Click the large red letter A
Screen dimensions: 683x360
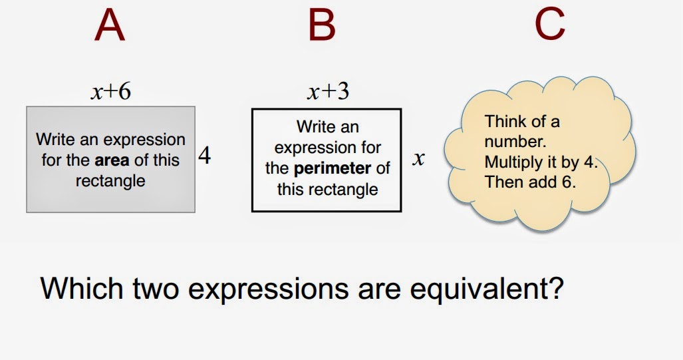pyautogui.click(x=110, y=25)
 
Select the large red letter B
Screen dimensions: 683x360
pyautogui.click(x=322, y=25)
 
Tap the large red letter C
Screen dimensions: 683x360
pyautogui.click(x=550, y=25)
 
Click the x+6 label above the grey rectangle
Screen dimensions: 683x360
pyautogui.click(x=110, y=92)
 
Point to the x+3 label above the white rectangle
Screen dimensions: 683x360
pyautogui.click(x=328, y=92)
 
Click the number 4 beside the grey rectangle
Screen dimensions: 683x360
pyautogui.click(x=205, y=155)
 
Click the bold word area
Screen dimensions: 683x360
pyautogui.click(x=112, y=160)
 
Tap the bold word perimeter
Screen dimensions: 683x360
pyautogui.click(x=333, y=168)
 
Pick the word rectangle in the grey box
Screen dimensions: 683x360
pyautogui.click(x=110, y=181)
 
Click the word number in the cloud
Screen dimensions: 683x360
pyautogui.click(x=515, y=142)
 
